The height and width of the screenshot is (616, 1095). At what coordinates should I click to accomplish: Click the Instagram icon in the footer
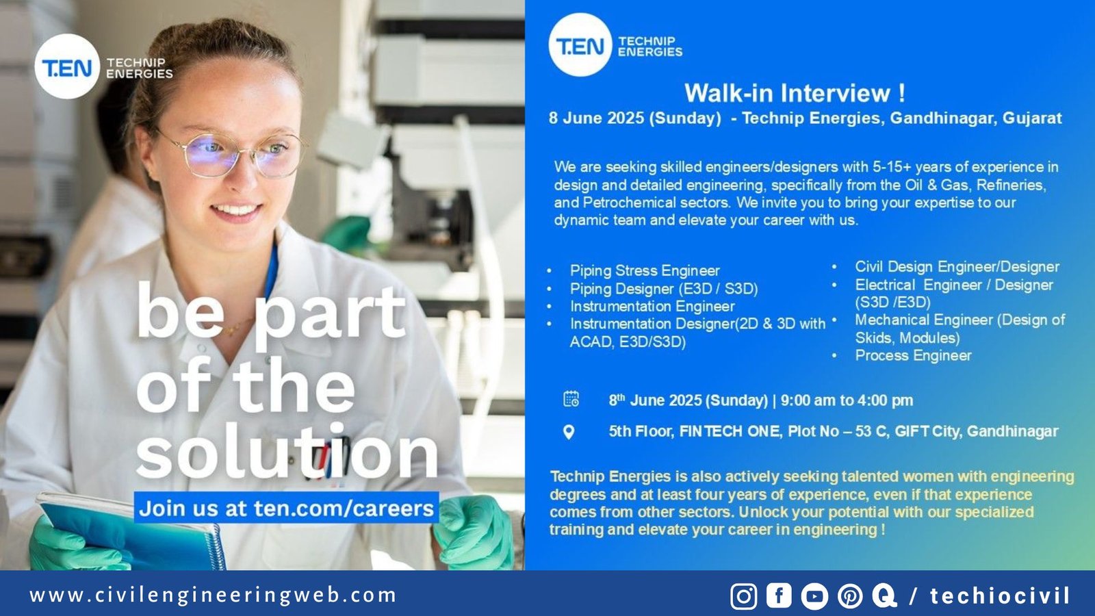743,596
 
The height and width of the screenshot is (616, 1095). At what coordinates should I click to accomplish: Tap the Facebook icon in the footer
779,595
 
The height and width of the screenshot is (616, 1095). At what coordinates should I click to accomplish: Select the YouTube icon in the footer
814,596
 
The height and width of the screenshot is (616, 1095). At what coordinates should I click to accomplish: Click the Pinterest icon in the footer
849,596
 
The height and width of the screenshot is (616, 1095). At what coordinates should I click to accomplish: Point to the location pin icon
569,432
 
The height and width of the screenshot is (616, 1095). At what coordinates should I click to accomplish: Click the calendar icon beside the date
571,399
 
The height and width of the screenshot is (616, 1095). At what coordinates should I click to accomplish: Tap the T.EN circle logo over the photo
67,66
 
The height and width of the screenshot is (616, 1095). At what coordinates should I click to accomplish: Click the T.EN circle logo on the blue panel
580,45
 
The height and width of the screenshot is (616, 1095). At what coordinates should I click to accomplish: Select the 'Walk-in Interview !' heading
795,92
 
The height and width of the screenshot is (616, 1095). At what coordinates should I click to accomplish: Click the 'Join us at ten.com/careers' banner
286,508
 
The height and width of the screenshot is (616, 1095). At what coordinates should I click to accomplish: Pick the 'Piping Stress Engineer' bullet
644,270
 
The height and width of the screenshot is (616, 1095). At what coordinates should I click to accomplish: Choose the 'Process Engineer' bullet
913,355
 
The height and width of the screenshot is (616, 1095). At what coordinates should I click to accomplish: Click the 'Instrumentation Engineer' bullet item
652,306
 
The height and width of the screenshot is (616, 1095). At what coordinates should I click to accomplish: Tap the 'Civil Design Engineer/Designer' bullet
956,267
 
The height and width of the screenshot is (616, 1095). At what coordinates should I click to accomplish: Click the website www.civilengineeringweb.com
213,595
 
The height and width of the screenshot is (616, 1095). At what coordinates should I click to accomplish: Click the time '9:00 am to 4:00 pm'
847,400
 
